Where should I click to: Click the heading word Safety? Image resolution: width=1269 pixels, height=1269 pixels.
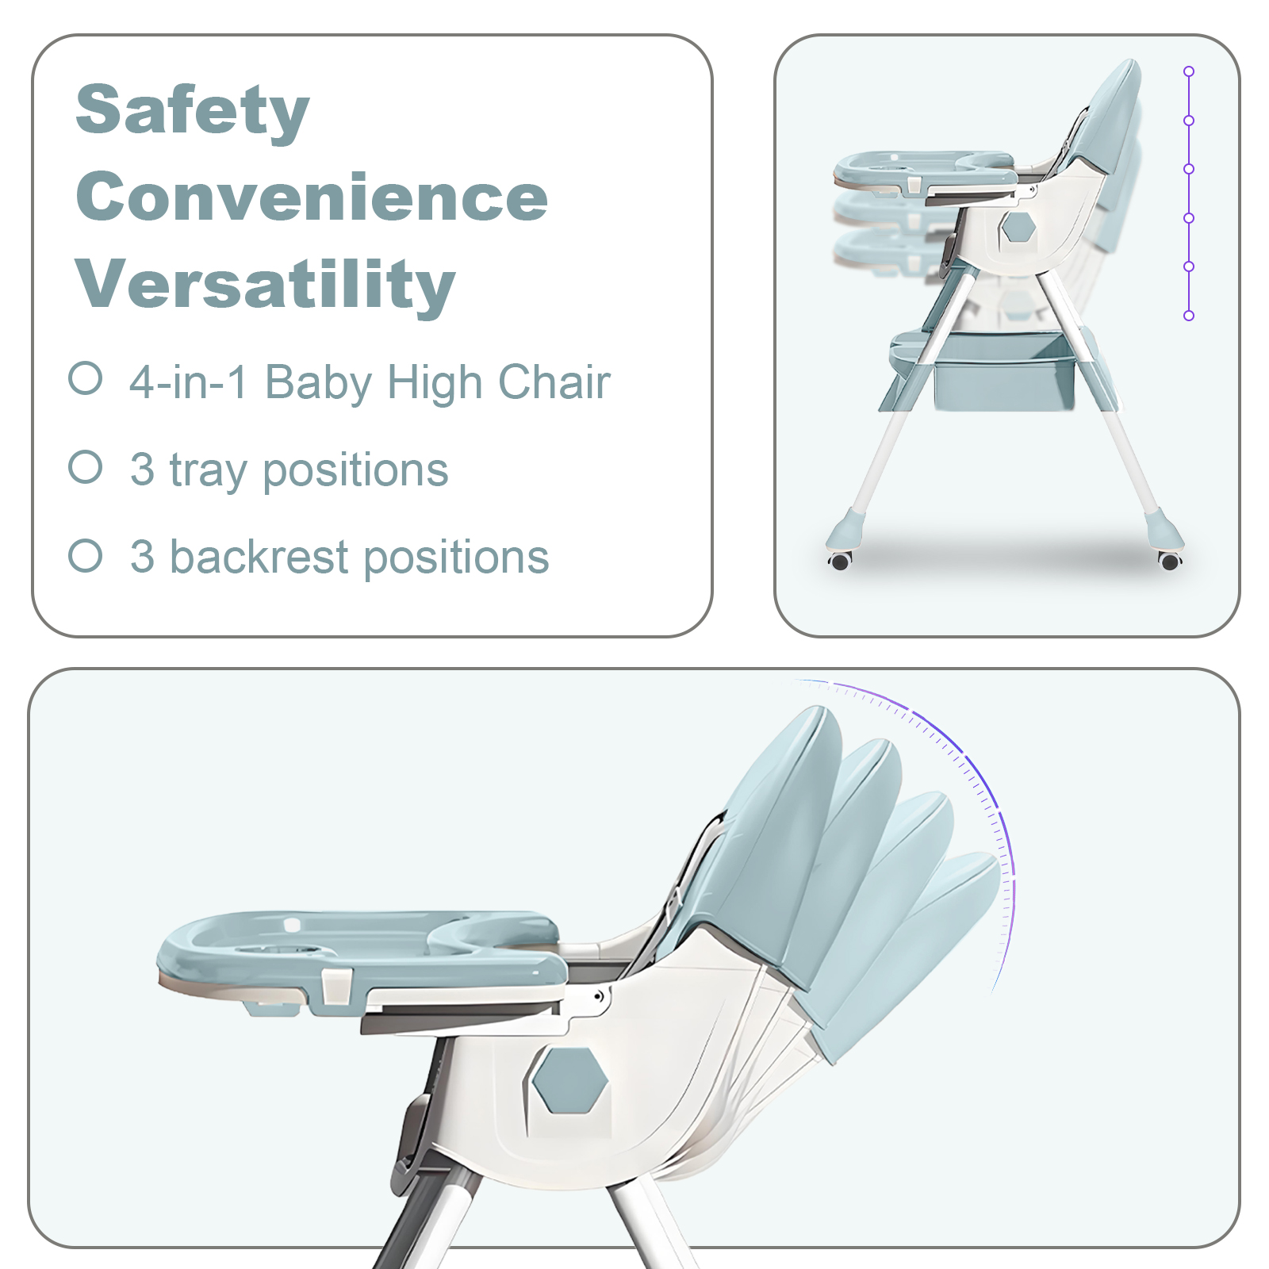(x=192, y=110)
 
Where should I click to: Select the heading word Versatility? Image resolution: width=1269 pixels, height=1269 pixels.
(x=266, y=285)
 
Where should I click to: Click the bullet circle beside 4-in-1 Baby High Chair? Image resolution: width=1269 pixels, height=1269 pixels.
(x=86, y=378)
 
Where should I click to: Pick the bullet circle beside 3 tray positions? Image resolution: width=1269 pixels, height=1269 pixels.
(x=86, y=467)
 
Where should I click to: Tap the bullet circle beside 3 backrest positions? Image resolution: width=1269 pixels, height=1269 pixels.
(x=86, y=555)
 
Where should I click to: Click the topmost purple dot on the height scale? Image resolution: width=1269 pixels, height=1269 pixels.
(x=1189, y=71)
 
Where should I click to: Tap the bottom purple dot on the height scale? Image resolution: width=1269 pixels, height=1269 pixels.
(x=1189, y=316)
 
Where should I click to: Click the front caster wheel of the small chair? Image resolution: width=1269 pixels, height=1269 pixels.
(x=840, y=561)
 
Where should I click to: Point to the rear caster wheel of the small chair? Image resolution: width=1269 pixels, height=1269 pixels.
(x=1170, y=561)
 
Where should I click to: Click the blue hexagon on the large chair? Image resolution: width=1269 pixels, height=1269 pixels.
(x=569, y=1079)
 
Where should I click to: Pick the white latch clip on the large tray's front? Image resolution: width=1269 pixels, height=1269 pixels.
(x=337, y=987)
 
